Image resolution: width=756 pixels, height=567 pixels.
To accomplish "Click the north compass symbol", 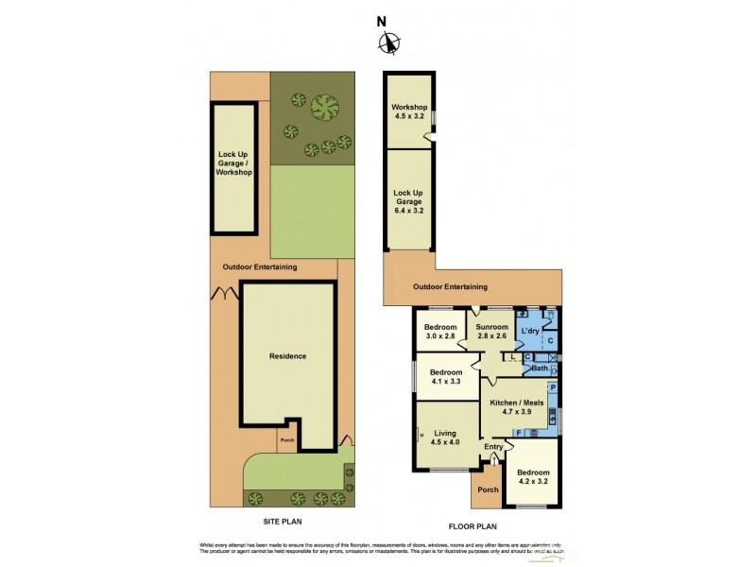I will (x=388, y=42).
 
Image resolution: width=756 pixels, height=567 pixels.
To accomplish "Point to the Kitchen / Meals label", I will (x=514, y=406).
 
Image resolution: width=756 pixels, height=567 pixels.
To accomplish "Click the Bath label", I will (x=540, y=368).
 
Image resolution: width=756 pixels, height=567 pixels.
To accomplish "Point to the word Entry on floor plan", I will (x=493, y=447).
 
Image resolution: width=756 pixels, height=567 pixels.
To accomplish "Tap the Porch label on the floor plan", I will (x=488, y=490).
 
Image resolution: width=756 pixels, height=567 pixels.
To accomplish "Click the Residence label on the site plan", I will (x=287, y=356).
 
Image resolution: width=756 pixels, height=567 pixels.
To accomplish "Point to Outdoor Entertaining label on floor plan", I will (x=451, y=286).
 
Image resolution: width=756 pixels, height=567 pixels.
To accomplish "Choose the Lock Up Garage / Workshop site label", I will (x=233, y=163).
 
